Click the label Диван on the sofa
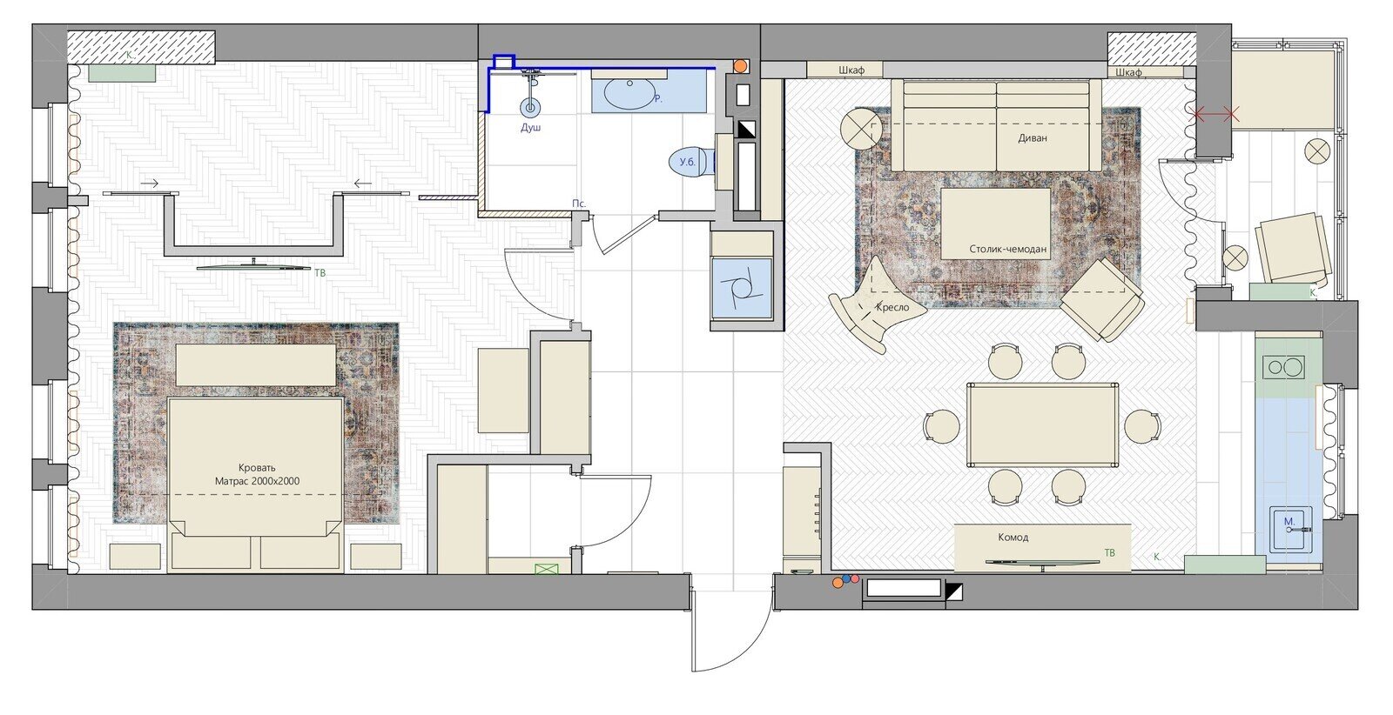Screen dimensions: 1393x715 coord(1033,138)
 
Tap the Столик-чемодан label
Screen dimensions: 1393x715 coord(1007,249)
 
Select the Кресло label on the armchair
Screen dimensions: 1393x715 coord(892,307)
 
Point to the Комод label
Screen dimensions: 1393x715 coord(1013,537)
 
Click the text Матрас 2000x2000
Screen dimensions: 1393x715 coord(257,481)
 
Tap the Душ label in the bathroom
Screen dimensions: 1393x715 coord(530,127)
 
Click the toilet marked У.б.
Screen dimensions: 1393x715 coord(691,162)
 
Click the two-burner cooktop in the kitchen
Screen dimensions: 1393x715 coord(1283,367)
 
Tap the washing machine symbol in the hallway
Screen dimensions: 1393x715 coord(741,290)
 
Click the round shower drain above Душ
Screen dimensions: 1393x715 coord(530,107)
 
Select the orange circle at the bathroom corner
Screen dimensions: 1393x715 coord(740,65)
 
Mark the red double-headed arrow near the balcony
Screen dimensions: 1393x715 coord(1214,114)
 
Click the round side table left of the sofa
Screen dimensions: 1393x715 coord(861,129)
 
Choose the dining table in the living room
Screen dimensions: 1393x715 coord(1043,424)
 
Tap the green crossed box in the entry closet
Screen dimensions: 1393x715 coord(547,568)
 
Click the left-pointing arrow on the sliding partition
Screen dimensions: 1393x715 coord(362,184)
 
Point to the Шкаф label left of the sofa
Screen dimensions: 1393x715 coord(851,70)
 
